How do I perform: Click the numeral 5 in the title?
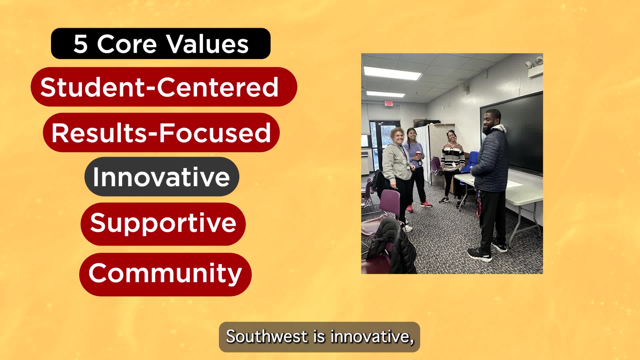click(80, 44)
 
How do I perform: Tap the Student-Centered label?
click(164, 87)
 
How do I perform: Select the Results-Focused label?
click(161, 132)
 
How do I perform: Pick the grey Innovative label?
click(162, 177)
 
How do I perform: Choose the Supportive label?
click(163, 224)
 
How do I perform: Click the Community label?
click(165, 274)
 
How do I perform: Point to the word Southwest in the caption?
click(267, 336)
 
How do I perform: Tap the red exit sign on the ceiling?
click(388, 103)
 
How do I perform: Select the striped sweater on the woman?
click(452, 157)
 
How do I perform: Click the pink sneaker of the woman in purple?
click(426, 204)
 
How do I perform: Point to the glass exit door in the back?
click(383, 147)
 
